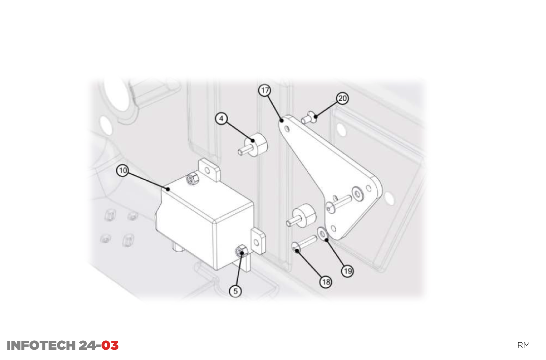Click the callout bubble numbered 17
[x=265, y=90]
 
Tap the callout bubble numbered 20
[x=342, y=98]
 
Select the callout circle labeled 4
[x=221, y=119]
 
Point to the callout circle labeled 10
[x=123, y=170]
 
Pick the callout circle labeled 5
[x=235, y=291]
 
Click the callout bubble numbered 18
[x=326, y=282]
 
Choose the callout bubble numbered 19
[x=348, y=271]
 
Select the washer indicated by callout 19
[x=322, y=234]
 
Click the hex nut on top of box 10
[x=193, y=179]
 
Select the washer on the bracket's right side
[x=357, y=194]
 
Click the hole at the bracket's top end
[x=287, y=129]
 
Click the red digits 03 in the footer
[x=110, y=346]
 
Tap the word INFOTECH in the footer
[x=41, y=346]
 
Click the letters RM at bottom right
[x=523, y=345]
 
